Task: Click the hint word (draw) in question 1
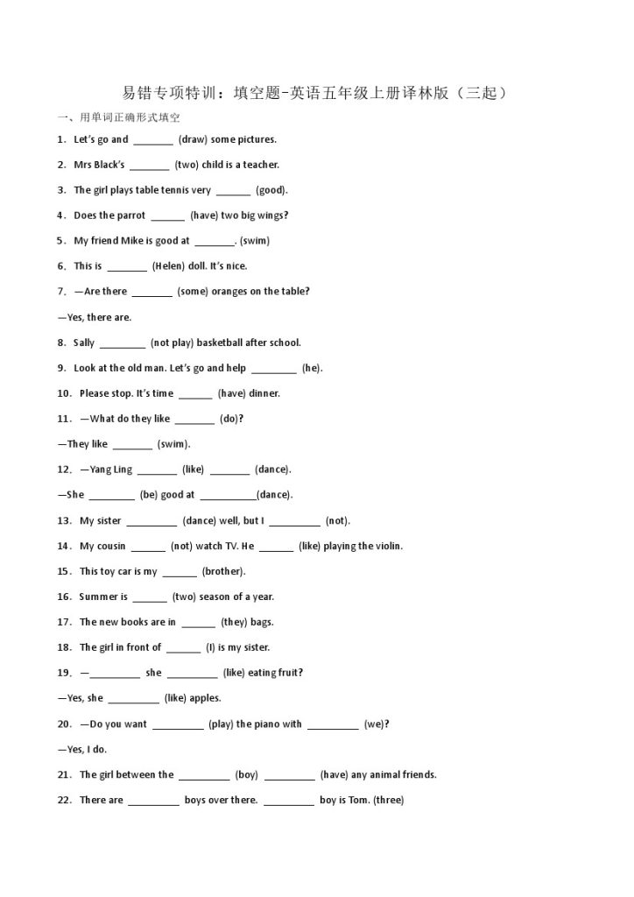[x=193, y=139]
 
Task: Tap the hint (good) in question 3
[x=271, y=190]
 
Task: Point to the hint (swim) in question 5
[x=255, y=241]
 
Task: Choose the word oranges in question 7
[x=230, y=292]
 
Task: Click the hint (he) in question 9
[x=312, y=368]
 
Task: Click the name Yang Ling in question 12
[x=111, y=470]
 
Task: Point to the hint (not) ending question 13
[x=337, y=521]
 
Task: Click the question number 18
[x=64, y=648]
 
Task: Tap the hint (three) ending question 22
[x=388, y=801]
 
